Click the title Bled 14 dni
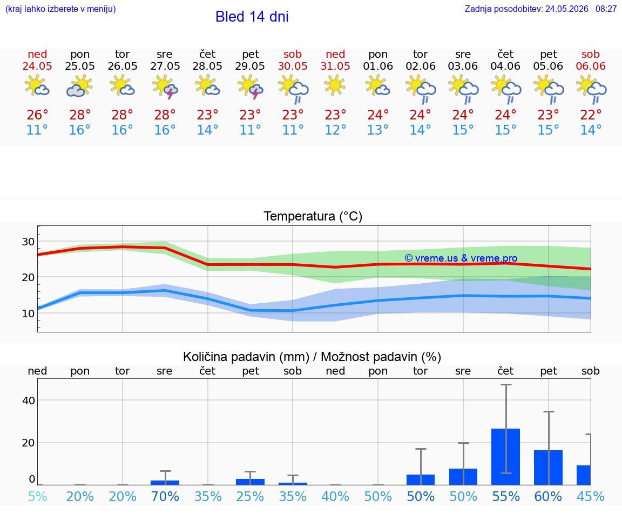(x=252, y=17)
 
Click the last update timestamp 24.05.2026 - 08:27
(x=581, y=9)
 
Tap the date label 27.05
(x=165, y=66)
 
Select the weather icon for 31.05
(x=335, y=85)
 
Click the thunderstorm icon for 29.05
(x=250, y=88)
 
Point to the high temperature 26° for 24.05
(x=37, y=115)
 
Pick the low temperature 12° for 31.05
(x=335, y=130)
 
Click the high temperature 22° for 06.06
(x=591, y=115)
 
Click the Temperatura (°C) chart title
(x=313, y=216)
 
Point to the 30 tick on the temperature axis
(x=28, y=242)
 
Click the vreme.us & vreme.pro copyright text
(x=461, y=258)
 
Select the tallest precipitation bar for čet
(x=506, y=457)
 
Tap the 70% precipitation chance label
(x=165, y=496)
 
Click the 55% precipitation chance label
(x=506, y=496)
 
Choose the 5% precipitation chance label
(x=38, y=496)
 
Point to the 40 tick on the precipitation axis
(x=29, y=401)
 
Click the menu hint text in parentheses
(x=60, y=9)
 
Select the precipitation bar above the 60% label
(x=548, y=468)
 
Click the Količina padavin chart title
(x=312, y=357)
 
